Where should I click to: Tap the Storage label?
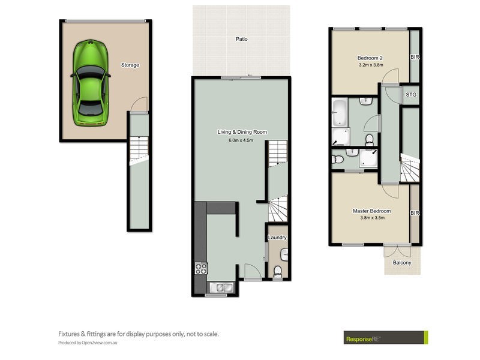(130, 65)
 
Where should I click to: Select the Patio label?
(241, 39)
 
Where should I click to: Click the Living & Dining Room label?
(242, 132)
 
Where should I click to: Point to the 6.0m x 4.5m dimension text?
(242, 140)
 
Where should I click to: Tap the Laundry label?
(277, 238)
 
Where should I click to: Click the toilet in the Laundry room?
(277, 273)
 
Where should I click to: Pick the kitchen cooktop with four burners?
(200, 269)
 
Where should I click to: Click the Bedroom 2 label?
(370, 58)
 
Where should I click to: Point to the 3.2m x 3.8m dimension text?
(370, 65)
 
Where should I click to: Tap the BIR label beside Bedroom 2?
(414, 58)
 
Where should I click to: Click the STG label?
(411, 95)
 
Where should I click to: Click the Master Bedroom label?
(371, 211)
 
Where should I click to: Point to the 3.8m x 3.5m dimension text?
(371, 218)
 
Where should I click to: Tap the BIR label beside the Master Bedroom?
(414, 213)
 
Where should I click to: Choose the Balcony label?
(402, 263)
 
